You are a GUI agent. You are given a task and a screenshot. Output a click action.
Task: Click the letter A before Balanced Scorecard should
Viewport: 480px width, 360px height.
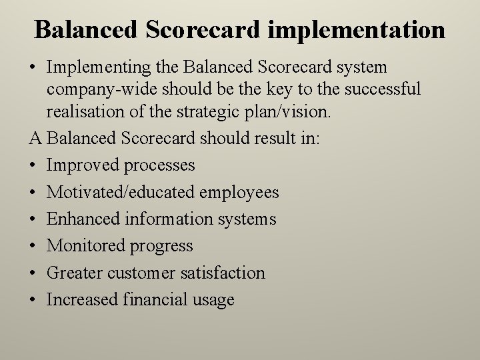(35, 138)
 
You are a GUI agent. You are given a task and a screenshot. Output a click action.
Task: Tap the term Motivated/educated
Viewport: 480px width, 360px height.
(120, 193)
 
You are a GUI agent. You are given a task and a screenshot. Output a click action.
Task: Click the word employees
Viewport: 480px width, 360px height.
(239, 193)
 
